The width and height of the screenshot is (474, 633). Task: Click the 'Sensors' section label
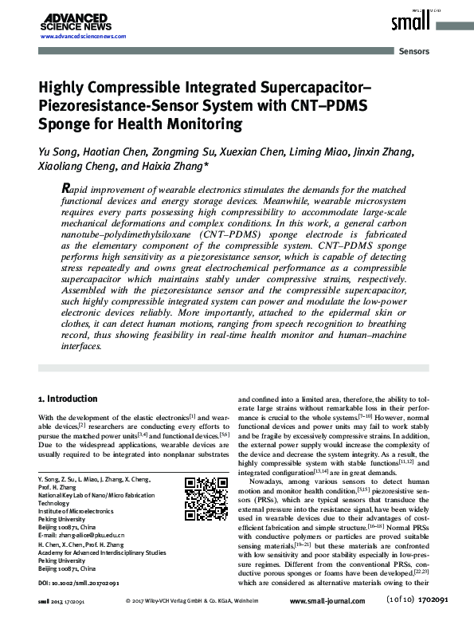click(x=413, y=51)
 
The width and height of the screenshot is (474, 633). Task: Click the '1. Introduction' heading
click(x=69, y=399)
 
